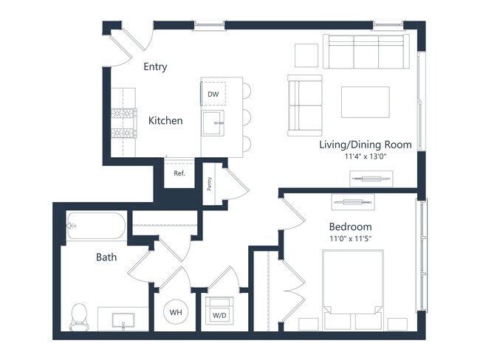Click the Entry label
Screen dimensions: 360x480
click(155, 67)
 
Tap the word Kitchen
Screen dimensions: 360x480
click(165, 120)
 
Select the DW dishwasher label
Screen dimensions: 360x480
click(213, 94)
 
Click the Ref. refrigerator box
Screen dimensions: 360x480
click(179, 174)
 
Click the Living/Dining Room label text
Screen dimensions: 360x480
click(365, 145)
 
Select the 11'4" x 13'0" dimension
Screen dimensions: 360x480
click(365, 156)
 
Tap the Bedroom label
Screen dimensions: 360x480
click(350, 226)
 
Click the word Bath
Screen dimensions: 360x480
click(106, 257)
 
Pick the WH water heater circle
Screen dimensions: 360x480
click(176, 313)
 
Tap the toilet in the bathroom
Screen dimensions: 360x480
click(78, 316)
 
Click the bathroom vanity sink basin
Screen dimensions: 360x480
click(121, 320)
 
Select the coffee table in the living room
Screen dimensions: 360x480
click(365, 102)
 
